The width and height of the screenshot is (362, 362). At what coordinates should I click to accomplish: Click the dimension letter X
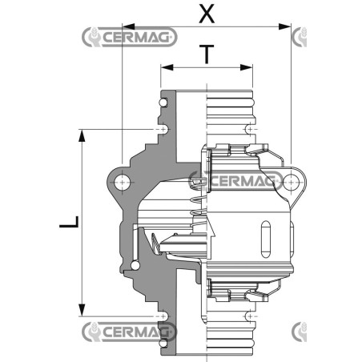[207, 14]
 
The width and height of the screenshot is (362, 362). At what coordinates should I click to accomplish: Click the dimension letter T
[207, 54]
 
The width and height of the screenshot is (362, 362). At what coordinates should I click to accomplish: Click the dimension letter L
[69, 222]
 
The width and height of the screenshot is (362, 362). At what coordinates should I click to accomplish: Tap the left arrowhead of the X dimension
[129, 26]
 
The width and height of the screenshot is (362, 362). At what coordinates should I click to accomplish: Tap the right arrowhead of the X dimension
[284, 26]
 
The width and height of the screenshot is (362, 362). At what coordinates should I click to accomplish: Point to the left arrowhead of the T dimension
[167, 67]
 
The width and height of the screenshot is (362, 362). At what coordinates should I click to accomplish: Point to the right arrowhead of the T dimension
[246, 67]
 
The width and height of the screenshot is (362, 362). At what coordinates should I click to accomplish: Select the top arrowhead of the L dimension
[82, 135]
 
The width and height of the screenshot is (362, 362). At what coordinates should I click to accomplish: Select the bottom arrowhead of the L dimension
[82, 310]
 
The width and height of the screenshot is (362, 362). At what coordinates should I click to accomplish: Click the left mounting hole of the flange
[123, 183]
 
